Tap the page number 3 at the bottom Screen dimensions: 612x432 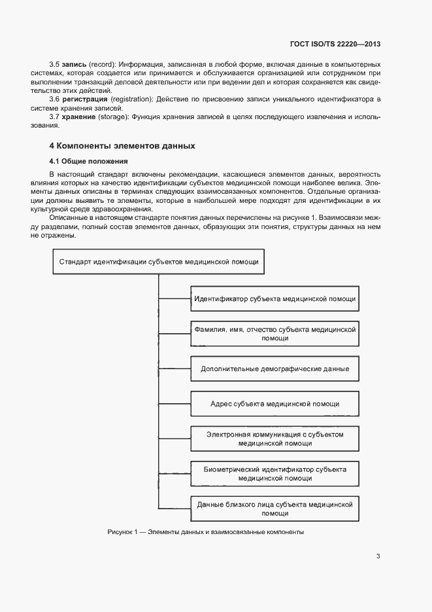pyautogui.click(x=378, y=556)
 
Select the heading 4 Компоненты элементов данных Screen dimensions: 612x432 pyautogui.click(x=122, y=145)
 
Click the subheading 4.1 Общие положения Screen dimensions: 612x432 pyautogui.click(x=88, y=161)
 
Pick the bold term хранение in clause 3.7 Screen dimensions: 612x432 pyautogui.click(x=80, y=116)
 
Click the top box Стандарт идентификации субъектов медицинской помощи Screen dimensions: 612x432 pyautogui.click(x=158, y=262)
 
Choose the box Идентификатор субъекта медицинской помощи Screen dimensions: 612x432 pyautogui.click(x=274, y=298)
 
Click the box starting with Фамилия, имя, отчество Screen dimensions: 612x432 pyautogui.click(x=274, y=334)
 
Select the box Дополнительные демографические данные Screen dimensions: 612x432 pyautogui.click(x=274, y=369)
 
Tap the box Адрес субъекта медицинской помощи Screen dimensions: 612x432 pyautogui.click(x=274, y=404)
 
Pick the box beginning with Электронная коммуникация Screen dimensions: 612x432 pyautogui.click(x=274, y=439)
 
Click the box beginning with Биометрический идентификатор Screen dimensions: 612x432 pyautogui.click(x=274, y=474)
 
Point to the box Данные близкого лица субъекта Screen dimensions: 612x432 pyautogui.click(x=274, y=509)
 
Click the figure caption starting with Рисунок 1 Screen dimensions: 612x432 pyautogui.click(x=206, y=532)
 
